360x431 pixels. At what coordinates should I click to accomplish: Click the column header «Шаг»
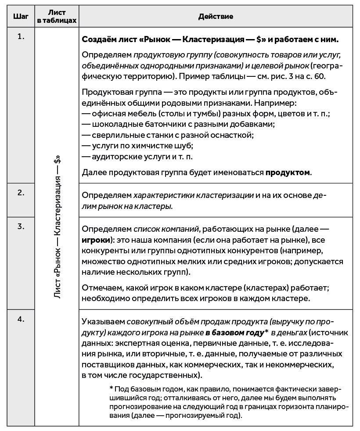pyautogui.click(x=21, y=16)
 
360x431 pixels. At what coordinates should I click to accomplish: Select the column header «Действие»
pyautogui.click(x=215, y=16)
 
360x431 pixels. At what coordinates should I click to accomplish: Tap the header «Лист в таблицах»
pyautogui.click(x=57, y=17)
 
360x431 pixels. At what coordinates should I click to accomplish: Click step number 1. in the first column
pyautogui.click(x=21, y=36)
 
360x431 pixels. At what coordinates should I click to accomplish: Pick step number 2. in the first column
pyautogui.click(x=21, y=192)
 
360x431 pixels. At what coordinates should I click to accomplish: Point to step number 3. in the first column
pyautogui.click(x=21, y=226)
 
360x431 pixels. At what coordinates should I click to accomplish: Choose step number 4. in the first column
pyautogui.click(x=21, y=319)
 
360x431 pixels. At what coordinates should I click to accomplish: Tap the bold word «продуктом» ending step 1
pyautogui.click(x=288, y=172)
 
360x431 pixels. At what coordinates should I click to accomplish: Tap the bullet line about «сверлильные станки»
pyautogui.click(x=167, y=135)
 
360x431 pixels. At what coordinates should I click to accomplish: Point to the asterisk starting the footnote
pyautogui.click(x=111, y=389)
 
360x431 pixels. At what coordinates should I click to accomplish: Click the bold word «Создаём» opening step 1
pyautogui.click(x=98, y=40)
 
